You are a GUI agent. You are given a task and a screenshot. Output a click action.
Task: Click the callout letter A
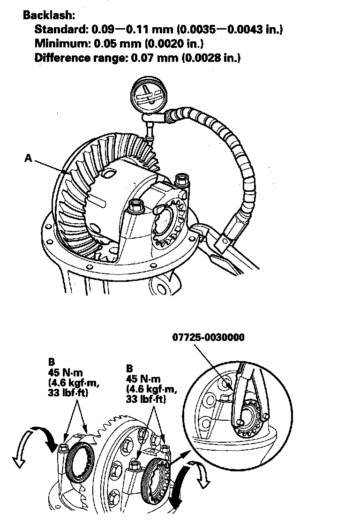28,159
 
